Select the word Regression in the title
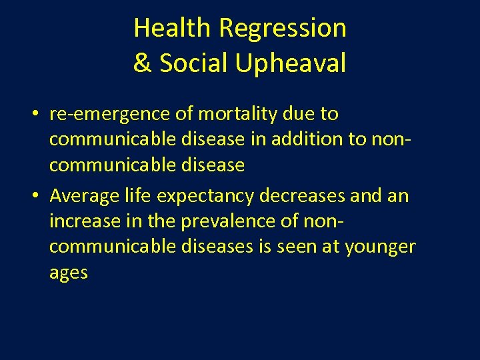[x=283, y=28]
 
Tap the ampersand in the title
[x=141, y=63]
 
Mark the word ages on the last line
[x=69, y=273]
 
